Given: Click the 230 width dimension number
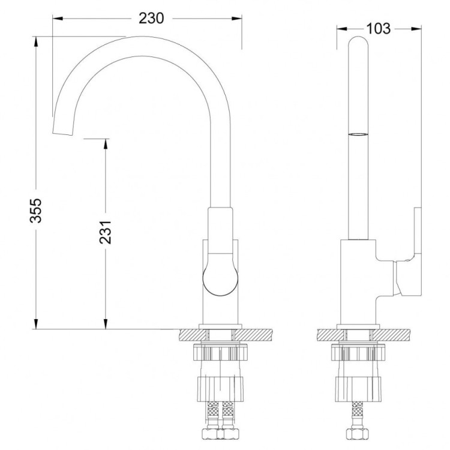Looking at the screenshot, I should pos(151,19).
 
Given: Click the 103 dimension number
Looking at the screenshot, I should pos(378,28).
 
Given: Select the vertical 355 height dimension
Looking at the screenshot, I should pos(36,209).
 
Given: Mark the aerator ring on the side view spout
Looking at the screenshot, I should pos(358,134).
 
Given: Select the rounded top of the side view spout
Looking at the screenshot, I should pos(358,43).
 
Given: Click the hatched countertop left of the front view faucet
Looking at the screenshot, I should pos(191,334).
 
